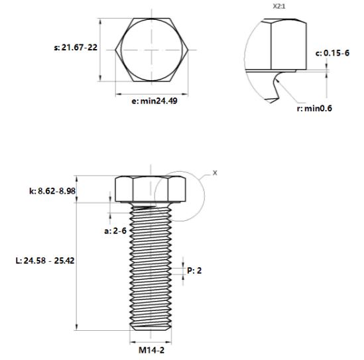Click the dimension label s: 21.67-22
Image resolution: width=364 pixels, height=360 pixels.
pyautogui.click(x=76, y=48)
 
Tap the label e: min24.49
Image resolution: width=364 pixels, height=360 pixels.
pyautogui.click(x=154, y=101)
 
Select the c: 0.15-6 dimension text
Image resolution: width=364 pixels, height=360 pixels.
pyautogui.click(x=332, y=53)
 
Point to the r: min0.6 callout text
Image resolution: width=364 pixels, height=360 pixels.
pyautogui.click(x=314, y=108)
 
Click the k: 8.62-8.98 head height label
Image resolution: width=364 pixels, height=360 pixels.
pyautogui.click(x=52, y=191)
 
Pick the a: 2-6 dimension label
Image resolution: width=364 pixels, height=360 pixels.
pyautogui.click(x=115, y=231)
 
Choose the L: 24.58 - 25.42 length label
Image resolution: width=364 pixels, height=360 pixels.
pyautogui.click(x=45, y=261)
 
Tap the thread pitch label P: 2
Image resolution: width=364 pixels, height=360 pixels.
pyautogui.click(x=194, y=270)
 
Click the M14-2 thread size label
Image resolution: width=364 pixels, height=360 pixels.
pyautogui.click(x=151, y=350)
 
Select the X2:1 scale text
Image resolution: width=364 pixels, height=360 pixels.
pyautogui.click(x=279, y=7)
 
